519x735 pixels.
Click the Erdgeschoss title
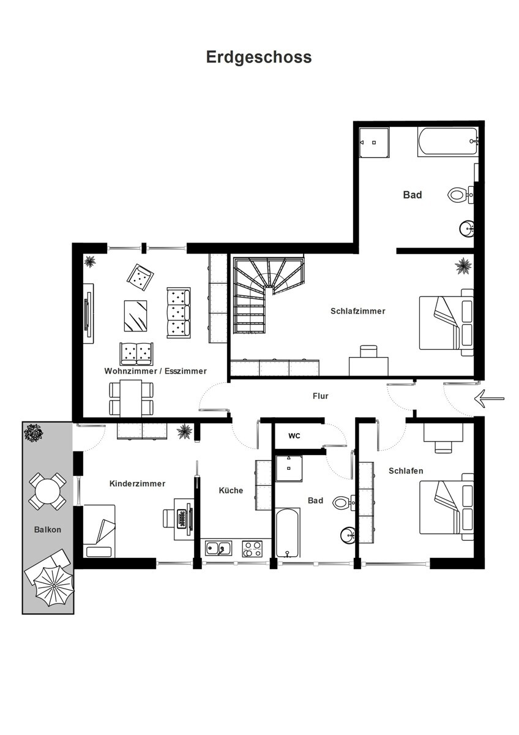259,58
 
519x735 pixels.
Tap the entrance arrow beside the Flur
489,399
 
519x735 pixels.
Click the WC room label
294,435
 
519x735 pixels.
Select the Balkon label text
48,530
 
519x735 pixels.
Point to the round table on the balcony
48,491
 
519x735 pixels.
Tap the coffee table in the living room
135,315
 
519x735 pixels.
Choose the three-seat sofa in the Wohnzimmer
178,313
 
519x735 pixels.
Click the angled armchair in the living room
140,277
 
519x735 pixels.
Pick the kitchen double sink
218,548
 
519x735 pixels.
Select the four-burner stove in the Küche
252,549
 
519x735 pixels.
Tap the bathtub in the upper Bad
447,141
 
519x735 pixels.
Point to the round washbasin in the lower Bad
348,535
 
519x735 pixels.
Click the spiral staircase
268,295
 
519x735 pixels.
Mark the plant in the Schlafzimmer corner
463,266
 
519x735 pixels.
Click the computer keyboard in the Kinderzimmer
181,518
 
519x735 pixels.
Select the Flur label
320,396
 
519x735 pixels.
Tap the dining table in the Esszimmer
131,398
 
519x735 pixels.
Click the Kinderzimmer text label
137,484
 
